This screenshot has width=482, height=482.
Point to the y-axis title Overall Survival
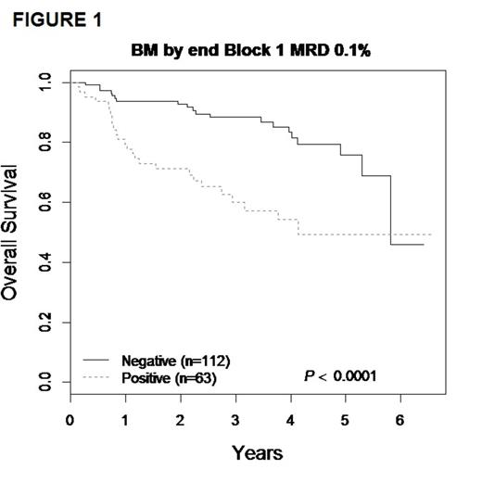click(13, 233)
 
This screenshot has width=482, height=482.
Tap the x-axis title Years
click(257, 453)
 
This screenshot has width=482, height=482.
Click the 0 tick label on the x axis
click(70, 420)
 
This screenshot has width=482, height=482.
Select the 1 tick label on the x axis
click(125, 420)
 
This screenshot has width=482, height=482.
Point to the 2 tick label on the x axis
click(180, 420)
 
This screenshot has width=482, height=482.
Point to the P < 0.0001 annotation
click(342, 375)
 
